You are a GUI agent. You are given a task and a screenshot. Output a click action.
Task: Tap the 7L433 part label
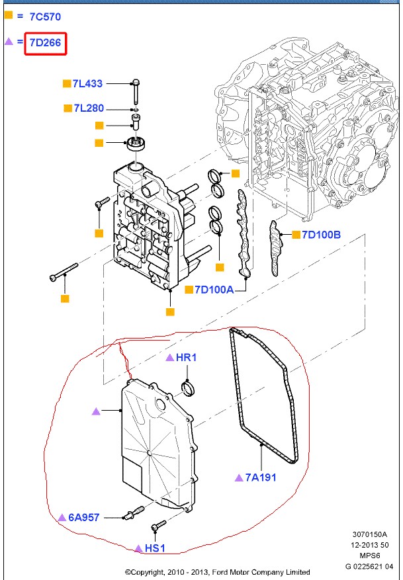(88, 84)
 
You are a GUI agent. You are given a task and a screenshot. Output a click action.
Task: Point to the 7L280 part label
(88, 108)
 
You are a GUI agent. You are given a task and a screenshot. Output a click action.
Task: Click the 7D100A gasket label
(214, 289)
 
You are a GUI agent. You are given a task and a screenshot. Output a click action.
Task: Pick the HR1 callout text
(187, 358)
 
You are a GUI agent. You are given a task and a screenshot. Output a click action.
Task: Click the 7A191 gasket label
(261, 477)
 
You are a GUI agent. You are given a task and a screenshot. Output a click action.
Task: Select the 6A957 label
(83, 517)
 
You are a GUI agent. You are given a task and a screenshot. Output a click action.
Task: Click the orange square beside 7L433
(66, 84)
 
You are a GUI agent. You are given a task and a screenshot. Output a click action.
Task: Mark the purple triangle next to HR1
(170, 358)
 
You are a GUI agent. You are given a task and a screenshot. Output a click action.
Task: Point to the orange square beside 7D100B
(295, 234)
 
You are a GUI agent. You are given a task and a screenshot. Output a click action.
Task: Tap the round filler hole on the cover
(159, 403)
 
